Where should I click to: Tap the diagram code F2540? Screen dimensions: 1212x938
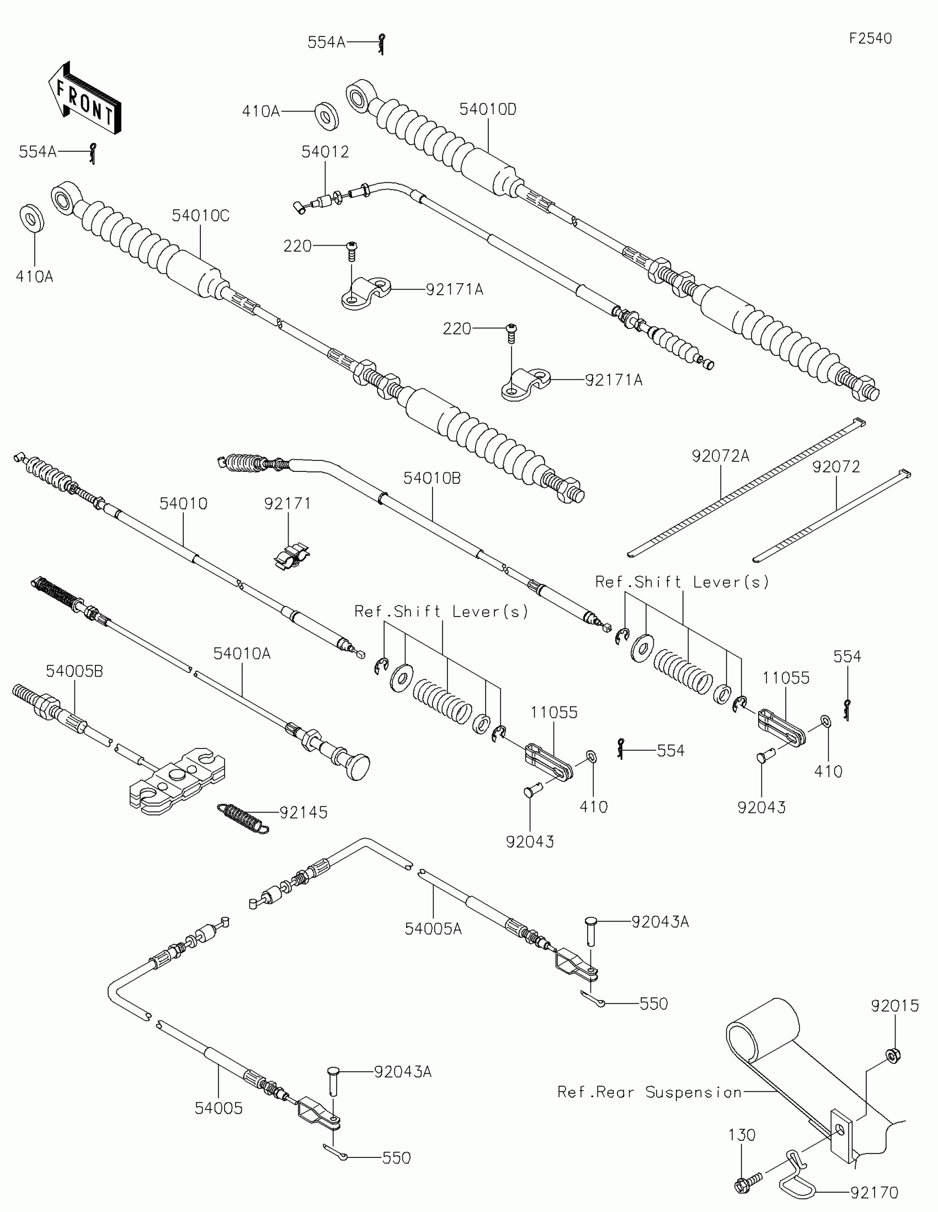(870, 38)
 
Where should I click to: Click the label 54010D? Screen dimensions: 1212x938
(488, 109)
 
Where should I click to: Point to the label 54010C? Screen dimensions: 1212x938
(200, 215)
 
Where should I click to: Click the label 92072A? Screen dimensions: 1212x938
(720, 456)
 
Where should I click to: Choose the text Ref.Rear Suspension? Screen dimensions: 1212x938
(649, 1092)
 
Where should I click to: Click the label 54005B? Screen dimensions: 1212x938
(74, 671)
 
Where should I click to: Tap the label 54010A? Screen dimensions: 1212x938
(242, 653)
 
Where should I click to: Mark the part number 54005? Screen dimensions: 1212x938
(218, 1108)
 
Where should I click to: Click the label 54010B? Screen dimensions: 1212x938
(431, 478)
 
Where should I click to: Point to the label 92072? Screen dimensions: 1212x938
(836, 467)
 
